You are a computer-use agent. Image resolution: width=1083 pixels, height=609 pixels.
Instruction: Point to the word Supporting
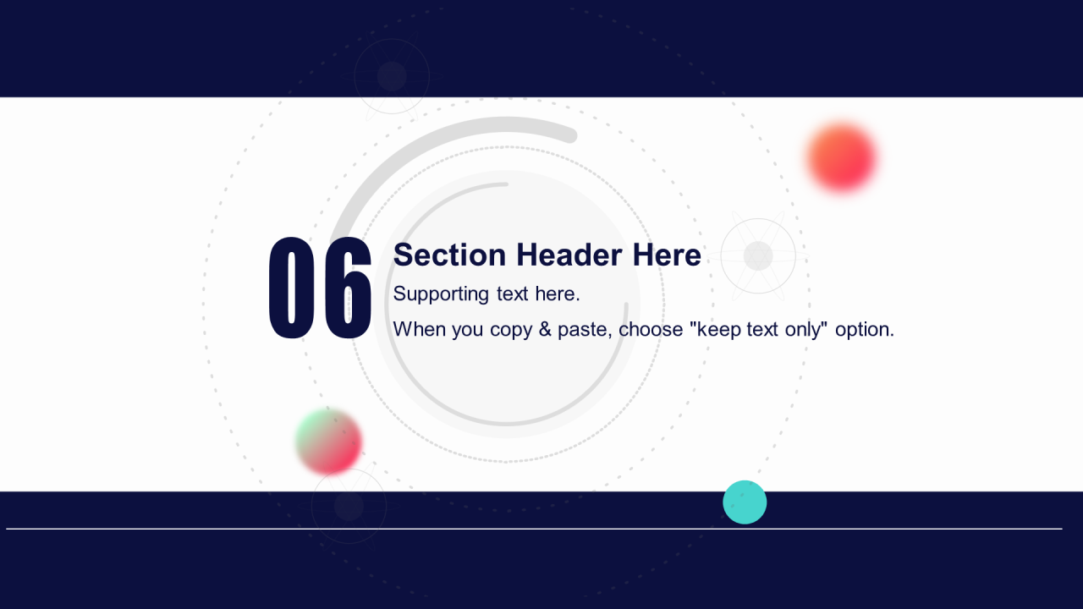tap(441, 294)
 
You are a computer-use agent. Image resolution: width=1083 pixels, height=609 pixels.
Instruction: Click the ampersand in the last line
tap(545, 330)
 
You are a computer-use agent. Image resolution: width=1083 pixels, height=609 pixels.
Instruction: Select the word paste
tap(585, 331)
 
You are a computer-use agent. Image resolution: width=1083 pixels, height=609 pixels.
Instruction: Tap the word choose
tap(651, 330)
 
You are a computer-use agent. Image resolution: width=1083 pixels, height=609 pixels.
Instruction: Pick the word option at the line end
tap(865, 331)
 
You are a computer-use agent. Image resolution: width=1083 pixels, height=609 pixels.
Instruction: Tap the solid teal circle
tap(745, 502)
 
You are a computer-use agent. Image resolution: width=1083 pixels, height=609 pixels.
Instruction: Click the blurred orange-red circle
tap(842, 157)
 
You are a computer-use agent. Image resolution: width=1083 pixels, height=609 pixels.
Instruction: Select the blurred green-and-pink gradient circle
tap(329, 442)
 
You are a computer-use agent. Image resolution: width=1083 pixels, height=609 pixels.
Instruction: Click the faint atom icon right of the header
tap(758, 255)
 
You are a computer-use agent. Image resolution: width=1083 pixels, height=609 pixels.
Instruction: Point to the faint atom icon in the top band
tap(392, 76)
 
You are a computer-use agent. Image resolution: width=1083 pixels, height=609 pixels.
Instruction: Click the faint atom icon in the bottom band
tap(349, 506)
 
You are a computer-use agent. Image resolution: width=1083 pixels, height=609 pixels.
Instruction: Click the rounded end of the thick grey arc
tap(571, 136)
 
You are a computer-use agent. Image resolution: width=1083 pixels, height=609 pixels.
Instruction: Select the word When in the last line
tap(420, 330)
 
